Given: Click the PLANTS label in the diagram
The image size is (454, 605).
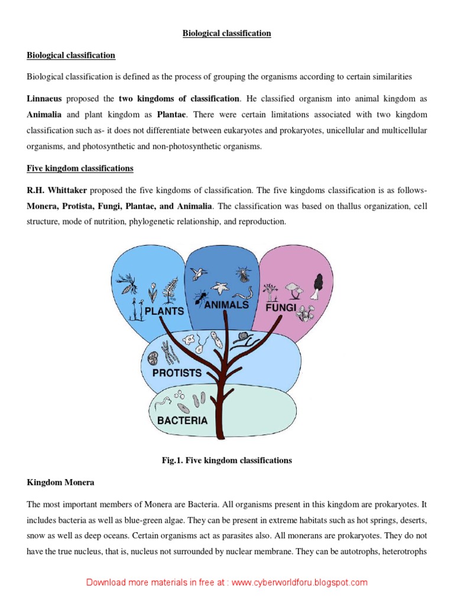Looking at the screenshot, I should coord(165,311).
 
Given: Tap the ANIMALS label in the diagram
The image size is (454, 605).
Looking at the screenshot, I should coord(226,305).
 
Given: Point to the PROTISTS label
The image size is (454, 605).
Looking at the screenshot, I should coord(177,373).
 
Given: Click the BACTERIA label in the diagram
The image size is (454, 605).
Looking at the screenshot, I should coord(182,421).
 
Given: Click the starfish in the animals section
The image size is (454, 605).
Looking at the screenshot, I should coord(221,289).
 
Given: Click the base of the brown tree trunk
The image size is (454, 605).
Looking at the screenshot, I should coord(220,435).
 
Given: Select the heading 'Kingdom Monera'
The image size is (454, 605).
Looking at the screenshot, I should coord(60,483).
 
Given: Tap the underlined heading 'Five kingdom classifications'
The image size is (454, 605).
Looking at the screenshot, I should coord(80,168).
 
